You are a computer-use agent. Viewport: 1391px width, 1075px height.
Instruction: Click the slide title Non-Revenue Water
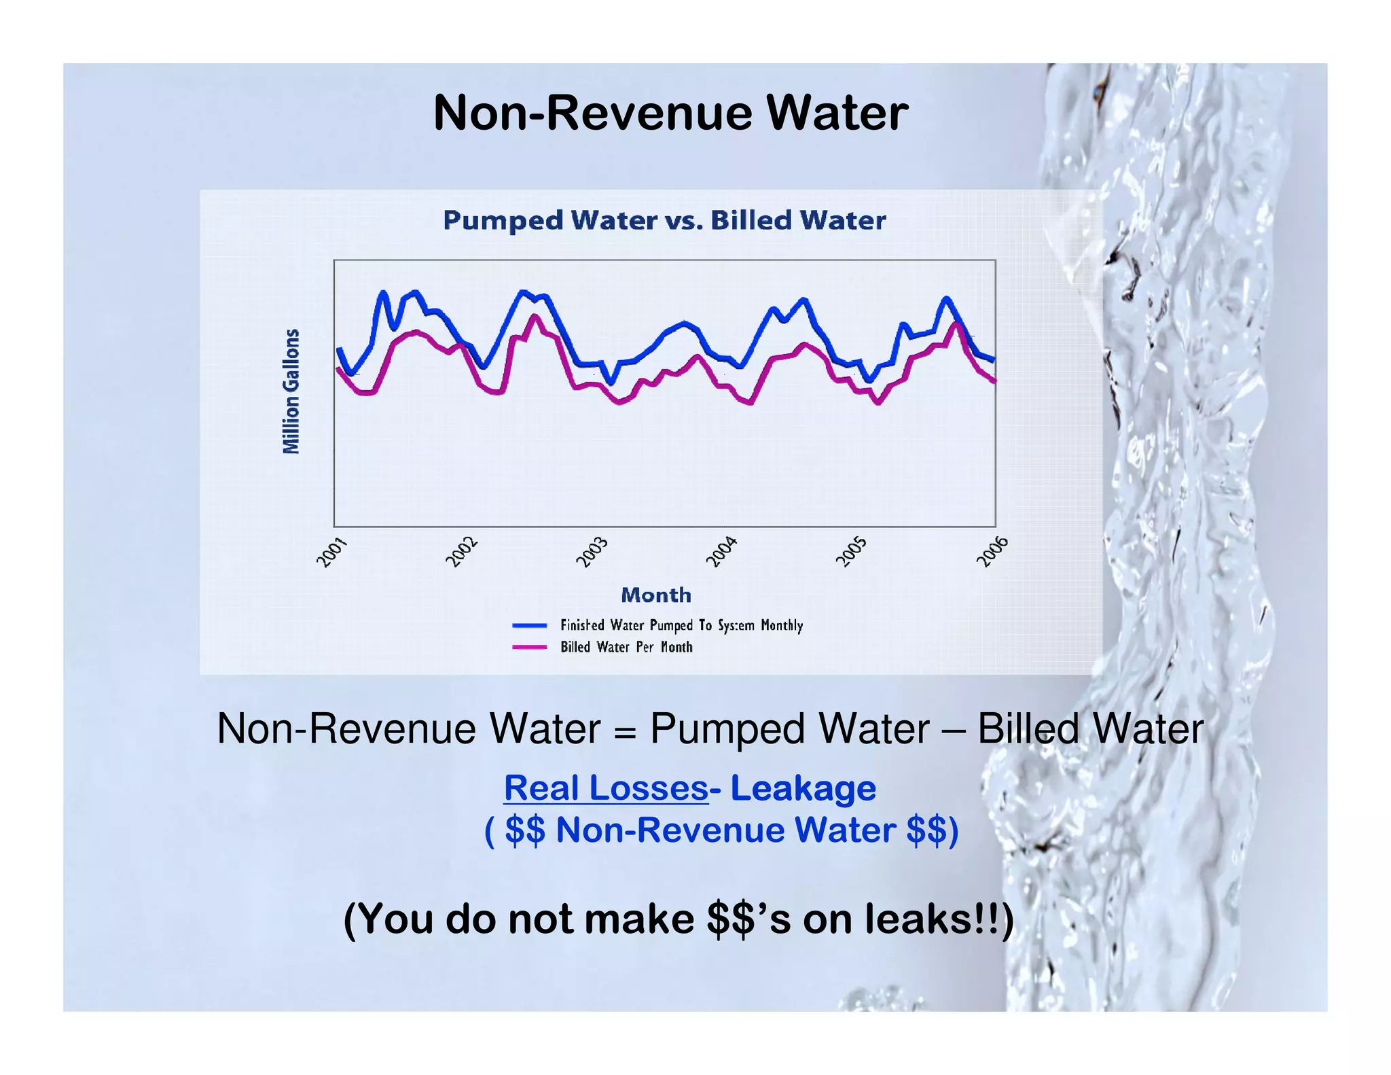pos(670,113)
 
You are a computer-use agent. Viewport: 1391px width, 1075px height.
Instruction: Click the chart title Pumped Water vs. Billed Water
pos(664,220)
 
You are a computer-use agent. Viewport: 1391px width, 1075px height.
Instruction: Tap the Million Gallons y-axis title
pos(291,391)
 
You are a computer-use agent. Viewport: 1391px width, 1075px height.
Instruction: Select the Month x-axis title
pos(656,595)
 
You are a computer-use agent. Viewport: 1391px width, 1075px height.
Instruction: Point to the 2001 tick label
pos(332,551)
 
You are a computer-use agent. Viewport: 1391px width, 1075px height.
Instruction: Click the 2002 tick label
pos(462,551)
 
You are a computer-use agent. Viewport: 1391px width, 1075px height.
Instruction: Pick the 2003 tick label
pos(592,551)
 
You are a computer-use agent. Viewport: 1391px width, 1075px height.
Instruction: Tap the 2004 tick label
pos(721,551)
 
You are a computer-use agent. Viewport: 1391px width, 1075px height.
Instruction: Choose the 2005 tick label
pos(851,551)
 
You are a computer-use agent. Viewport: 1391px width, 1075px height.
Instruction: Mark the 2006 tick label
pos(992,551)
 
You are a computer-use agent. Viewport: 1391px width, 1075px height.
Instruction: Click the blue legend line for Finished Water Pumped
pos(530,625)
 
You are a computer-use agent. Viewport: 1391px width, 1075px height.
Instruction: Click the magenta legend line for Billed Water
pos(530,647)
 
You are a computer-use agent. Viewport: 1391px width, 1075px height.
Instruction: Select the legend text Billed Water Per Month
pos(626,647)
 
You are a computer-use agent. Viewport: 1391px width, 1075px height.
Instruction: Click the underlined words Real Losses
pos(606,788)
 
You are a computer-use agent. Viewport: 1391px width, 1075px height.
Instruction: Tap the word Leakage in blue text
pos(803,788)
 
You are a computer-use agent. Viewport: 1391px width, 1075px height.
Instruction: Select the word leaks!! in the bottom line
pos(934,919)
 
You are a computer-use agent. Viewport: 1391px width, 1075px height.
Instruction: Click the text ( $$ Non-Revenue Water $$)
pos(721,830)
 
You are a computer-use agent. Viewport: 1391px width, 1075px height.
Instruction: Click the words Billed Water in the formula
pos(1090,728)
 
